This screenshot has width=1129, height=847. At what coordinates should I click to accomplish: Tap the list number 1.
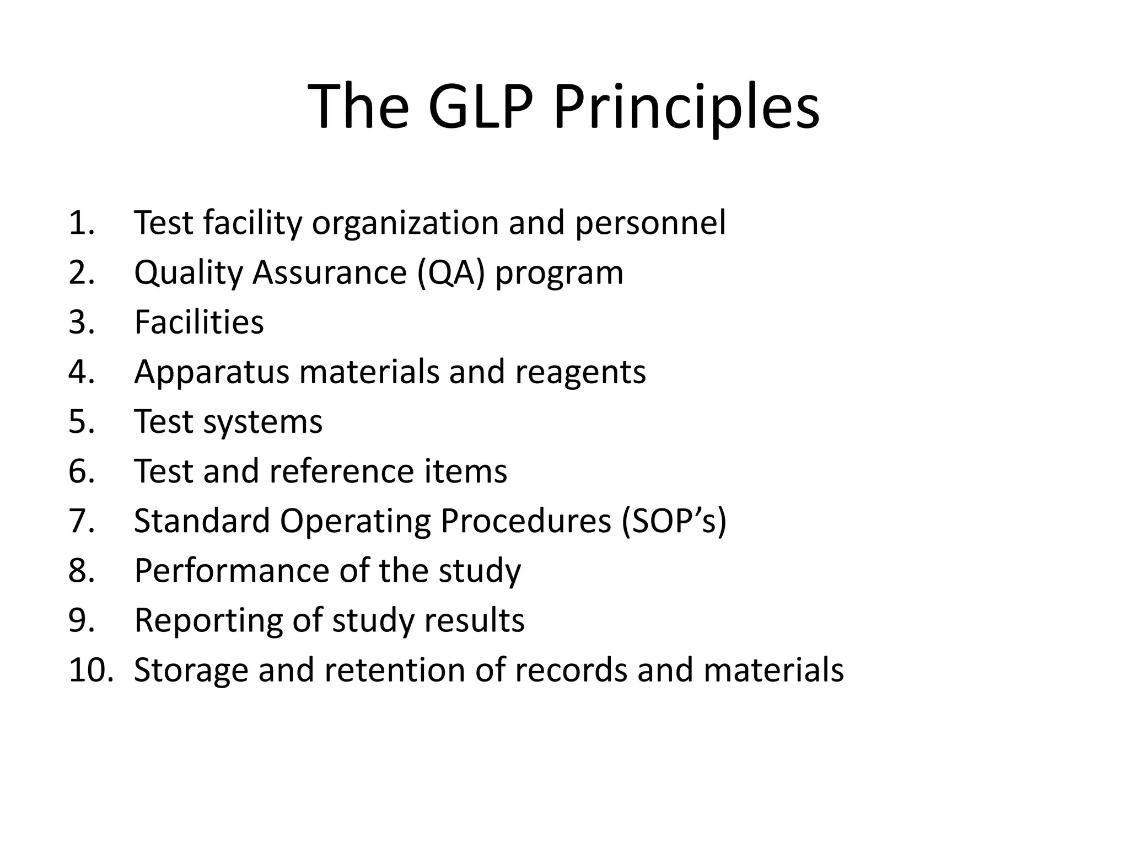point(82,223)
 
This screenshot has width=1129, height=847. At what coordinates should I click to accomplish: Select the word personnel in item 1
point(650,223)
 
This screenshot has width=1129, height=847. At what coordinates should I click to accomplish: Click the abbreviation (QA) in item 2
point(451,272)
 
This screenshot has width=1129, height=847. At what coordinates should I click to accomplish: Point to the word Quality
point(188,272)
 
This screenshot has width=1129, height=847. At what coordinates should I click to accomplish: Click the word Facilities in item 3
point(199,322)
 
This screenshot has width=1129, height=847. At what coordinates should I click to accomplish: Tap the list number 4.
point(82,372)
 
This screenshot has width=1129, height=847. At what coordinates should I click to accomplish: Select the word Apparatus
point(212,372)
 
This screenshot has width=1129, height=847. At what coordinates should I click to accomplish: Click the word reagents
point(580,372)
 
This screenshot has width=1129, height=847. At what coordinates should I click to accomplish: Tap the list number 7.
point(82,521)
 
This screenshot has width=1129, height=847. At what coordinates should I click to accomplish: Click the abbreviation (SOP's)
point(674,521)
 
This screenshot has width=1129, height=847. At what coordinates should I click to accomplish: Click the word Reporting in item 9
point(208,620)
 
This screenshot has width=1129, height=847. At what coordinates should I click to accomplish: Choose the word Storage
point(191,669)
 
